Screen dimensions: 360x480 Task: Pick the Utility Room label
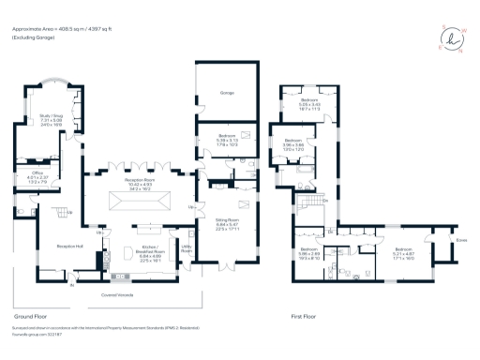pyautogui.click(x=186, y=249)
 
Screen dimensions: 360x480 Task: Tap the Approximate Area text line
pyautogui.click(x=59, y=27)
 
